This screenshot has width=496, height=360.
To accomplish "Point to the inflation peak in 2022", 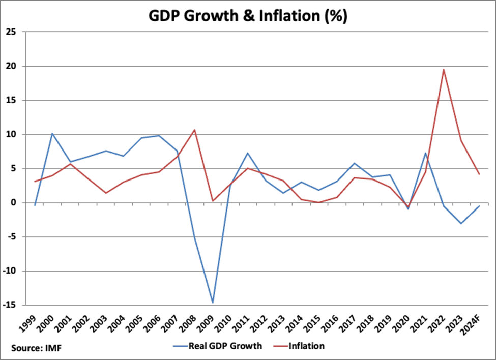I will pos(444,70).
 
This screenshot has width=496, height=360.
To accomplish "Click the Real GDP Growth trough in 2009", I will pos(212,303).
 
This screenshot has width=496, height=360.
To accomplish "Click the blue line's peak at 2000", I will pos(52,133).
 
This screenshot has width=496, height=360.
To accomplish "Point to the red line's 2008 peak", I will pos(194,130).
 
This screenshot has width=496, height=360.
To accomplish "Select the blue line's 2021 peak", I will pos(426,153).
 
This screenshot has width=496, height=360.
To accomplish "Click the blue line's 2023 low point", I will pos(461,223).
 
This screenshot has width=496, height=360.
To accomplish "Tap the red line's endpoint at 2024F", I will pos(479,174).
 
